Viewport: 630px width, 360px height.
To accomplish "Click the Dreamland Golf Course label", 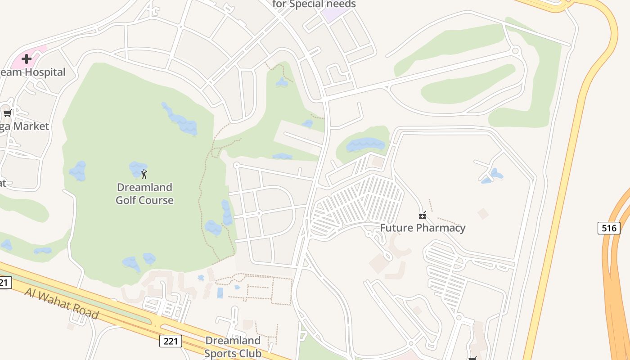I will coord(144,193).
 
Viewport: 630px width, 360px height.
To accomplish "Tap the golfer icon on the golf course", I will coord(144,174).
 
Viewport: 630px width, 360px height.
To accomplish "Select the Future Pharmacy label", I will coord(423,228).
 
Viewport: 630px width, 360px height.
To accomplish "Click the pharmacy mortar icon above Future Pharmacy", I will coord(423,215).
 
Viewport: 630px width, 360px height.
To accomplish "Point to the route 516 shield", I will coord(609,228).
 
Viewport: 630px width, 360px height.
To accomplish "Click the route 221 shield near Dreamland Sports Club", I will coord(171,341).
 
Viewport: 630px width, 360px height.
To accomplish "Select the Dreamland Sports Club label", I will coord(233,346).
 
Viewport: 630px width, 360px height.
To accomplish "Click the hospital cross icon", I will coord(27,58).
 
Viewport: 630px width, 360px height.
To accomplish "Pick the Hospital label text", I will coord(44,72).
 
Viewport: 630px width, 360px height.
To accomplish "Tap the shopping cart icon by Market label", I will coord(7,113).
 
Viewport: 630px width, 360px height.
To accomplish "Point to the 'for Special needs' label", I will coord(314,4).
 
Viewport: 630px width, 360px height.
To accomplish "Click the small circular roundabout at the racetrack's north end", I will coord(516,50).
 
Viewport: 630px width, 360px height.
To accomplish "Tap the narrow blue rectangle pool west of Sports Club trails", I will coord(220,293).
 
